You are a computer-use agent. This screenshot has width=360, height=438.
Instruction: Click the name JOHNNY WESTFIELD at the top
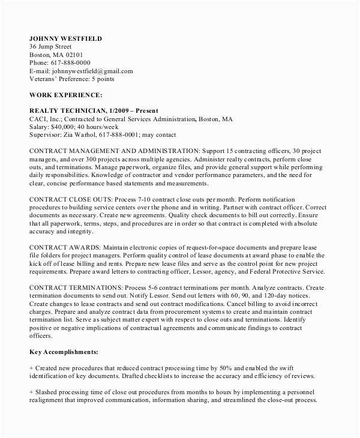[65, 38]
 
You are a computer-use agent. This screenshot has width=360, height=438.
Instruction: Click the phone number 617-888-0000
[70, 62]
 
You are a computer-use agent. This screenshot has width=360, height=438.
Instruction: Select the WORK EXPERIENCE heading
[65, 95]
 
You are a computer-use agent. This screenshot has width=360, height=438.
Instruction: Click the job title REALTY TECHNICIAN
[68, 111]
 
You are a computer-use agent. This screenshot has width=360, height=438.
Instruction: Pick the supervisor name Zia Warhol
[88, 135]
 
